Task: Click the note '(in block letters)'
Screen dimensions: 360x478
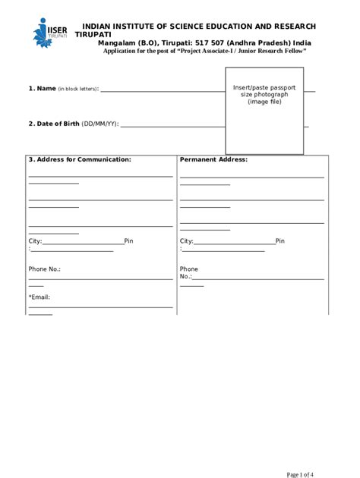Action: [x=77, y=90]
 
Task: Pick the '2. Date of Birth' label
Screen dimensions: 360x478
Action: [x=54, y=124]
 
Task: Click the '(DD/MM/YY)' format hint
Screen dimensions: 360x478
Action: [x=100, y=124]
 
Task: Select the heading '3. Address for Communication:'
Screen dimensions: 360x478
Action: [x=79, y=160]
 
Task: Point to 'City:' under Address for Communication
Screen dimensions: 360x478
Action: [x=35, y=241]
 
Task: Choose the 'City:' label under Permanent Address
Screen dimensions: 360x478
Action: [x=187, y=241]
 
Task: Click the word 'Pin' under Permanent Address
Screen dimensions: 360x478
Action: [x=280, y=241]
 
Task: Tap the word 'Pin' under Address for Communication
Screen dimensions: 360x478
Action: [x=129, y=241]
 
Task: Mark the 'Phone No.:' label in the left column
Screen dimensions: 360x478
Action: [x=44, y=269]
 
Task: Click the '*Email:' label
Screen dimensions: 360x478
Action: [x=39, y=297]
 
